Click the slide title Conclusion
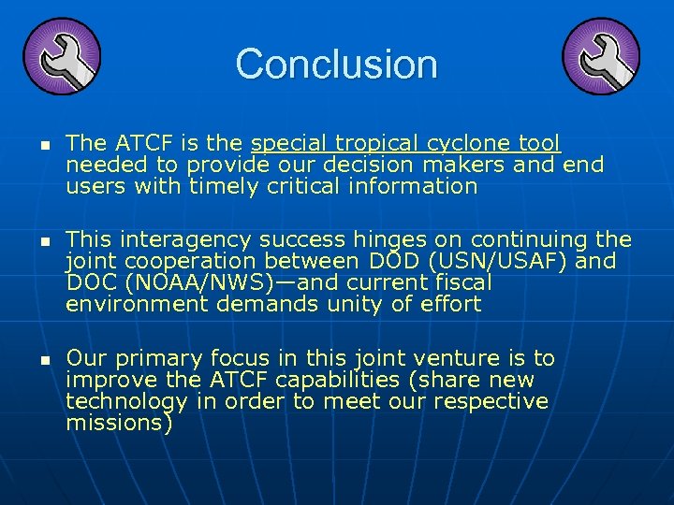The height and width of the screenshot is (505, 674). tap(336, 64)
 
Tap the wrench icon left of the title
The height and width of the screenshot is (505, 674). tap(61, 55)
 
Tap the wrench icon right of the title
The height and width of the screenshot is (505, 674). tap(602, 55)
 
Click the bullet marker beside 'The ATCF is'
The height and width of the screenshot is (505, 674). tap(30, 146)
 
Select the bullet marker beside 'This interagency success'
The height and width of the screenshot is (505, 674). tap(30, 242)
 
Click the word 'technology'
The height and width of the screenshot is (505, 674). tap(126, 401)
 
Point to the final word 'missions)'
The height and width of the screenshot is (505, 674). tap(120, 423)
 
